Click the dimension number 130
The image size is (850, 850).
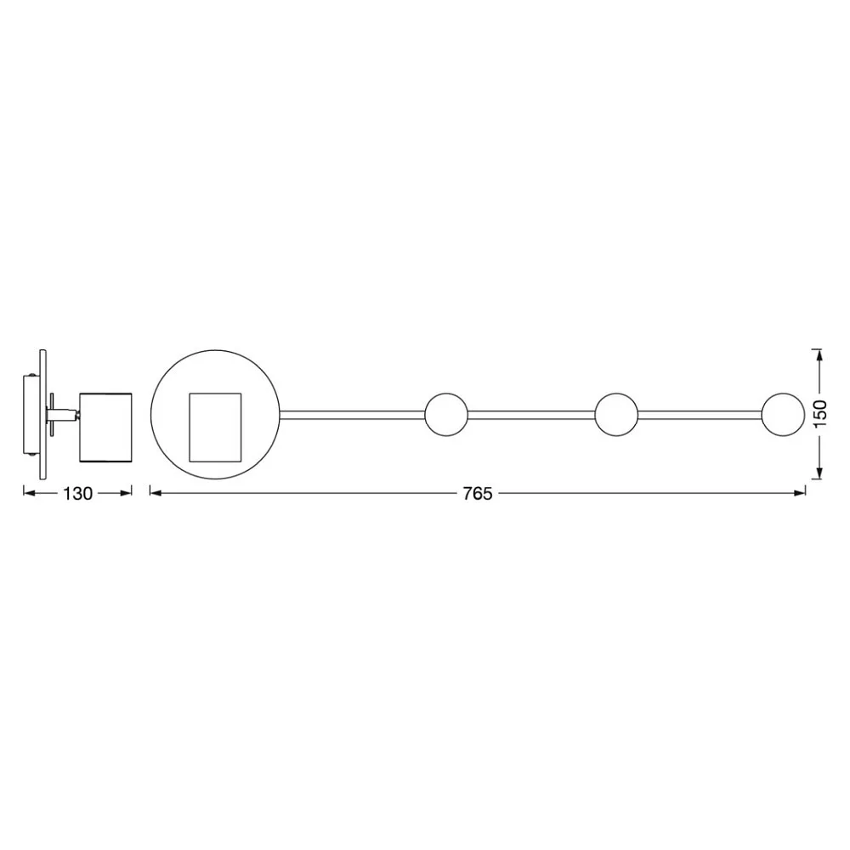(78, 494)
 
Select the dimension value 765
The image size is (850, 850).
(478, 494)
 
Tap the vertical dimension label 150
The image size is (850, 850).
(820, 414)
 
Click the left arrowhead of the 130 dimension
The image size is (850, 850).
(29, 493)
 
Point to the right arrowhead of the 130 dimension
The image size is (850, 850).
(126, 493)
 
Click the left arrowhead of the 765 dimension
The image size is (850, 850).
(156, 493)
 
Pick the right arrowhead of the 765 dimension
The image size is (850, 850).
(800, 493)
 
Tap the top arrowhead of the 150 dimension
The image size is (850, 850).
(819, 355)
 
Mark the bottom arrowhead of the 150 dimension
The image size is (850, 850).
(819, 473)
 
